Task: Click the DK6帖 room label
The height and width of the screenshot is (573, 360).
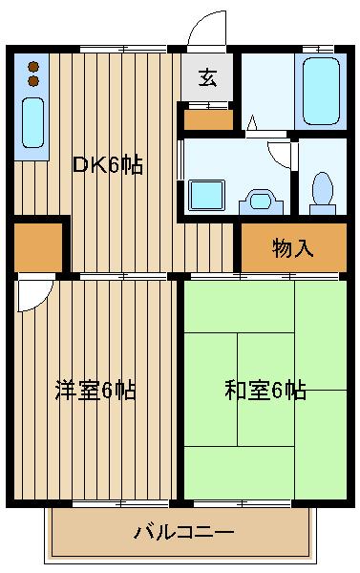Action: point(108,164)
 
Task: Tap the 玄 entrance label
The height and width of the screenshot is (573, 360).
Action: point(207,78)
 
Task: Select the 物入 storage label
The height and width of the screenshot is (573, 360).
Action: point(292,248)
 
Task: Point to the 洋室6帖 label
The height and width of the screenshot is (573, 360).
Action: point(95,390)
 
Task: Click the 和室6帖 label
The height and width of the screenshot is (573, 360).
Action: point(265,390)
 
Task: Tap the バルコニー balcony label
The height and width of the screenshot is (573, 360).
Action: point(183,531)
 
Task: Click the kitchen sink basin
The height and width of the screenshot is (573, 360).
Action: point(33,121)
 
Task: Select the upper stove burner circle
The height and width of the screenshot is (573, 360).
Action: point(33,66)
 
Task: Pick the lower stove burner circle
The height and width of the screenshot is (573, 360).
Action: point(33,81)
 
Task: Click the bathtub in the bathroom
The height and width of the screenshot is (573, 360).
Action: point(321,93)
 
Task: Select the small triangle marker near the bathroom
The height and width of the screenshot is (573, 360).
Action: point(251,123)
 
